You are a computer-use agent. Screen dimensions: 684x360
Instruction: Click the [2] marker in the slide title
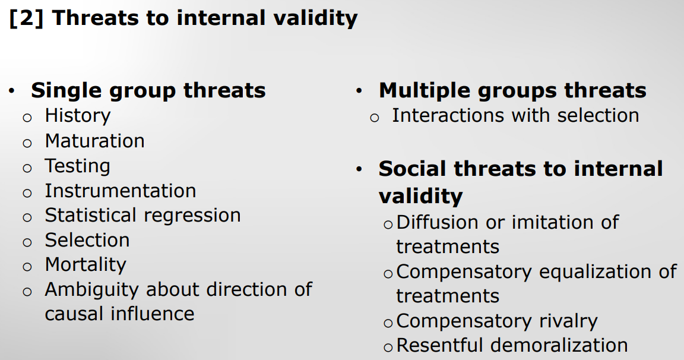click(x=26, y=18)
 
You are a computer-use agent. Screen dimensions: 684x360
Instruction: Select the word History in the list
click(x=78, y=116)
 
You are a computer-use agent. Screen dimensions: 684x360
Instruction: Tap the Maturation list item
click(x=94, y=141)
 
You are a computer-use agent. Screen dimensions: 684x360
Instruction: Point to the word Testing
click(x=77, y=166)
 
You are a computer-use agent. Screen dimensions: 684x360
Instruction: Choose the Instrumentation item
click(x=121, y=191)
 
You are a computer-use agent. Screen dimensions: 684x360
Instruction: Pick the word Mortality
click(x=85, y=265)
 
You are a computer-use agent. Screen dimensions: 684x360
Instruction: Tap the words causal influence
click(x=119, y=314)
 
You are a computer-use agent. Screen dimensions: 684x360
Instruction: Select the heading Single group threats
click(x=148, y=91)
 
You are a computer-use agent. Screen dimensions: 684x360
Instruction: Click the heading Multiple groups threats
click(x=512, y=91)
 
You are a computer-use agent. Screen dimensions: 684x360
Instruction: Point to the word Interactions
click(x=449, y=116)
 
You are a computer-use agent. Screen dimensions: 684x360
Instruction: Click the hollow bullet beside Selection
click(x=27, y=242)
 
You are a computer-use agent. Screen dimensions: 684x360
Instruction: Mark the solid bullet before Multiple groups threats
click(x=359, y=91)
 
